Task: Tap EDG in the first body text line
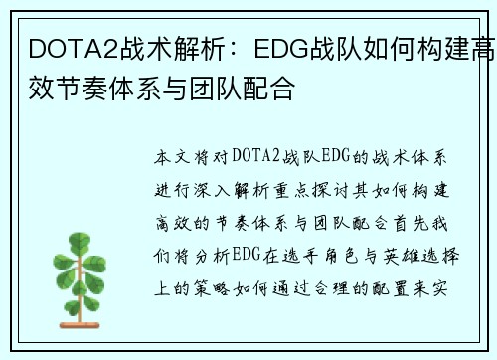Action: point(341,157)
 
